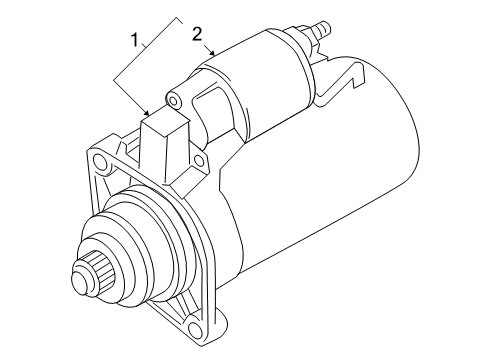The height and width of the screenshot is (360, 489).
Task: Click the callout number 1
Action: [x=135, y=40]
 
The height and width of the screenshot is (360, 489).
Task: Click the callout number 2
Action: [x=197, y=34]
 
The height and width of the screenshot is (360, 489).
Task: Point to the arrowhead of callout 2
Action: [x=212, y=52]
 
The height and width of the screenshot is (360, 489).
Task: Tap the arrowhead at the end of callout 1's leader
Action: [x=147, y=112]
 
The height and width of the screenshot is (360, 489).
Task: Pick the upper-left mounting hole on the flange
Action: [x=99, y=161]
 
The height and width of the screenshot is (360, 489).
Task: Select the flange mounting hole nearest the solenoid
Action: [x=199, y=161]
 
